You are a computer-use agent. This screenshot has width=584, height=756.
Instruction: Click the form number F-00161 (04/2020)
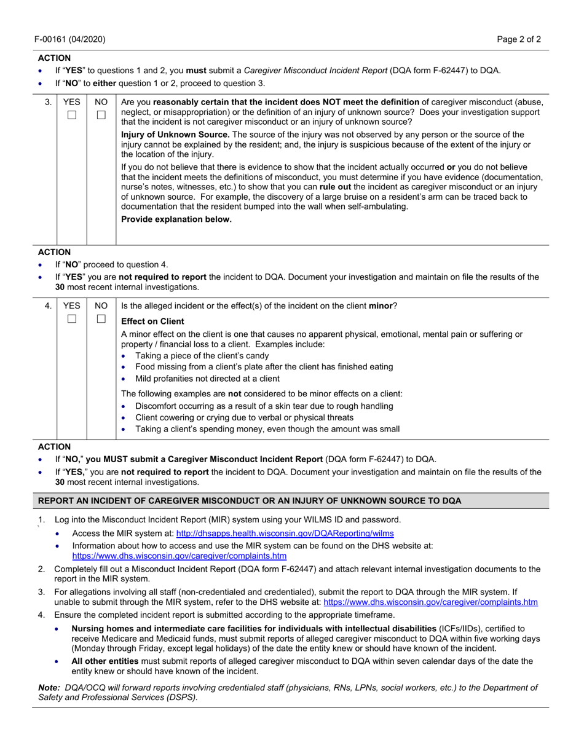click(x=71, y=39)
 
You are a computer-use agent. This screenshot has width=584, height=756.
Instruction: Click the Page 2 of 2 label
click(x=519, y=39)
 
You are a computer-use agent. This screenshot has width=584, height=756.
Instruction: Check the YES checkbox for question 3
click(x=72, y=115)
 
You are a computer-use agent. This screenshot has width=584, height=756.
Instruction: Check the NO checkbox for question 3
click(x=101, y=115)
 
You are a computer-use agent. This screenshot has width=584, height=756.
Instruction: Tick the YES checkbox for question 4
click(x=72, y=319)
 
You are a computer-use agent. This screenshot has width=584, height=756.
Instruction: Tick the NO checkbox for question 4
click(x=101, y=319)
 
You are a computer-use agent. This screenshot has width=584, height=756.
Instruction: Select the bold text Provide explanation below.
click(x=176, y=219)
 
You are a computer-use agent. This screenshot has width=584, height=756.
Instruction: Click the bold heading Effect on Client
click(x=152, y=321)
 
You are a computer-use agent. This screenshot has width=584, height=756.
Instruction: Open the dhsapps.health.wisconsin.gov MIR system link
click(x=285, y=534)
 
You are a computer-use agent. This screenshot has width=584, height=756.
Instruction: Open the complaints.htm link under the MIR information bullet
click(x=179, y=556)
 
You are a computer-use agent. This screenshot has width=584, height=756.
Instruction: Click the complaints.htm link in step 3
click(x=430, y=602)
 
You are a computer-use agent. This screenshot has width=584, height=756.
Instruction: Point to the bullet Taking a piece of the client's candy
click(x=202, y=355)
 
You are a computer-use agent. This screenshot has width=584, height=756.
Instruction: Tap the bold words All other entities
click(x=105, y=661)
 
